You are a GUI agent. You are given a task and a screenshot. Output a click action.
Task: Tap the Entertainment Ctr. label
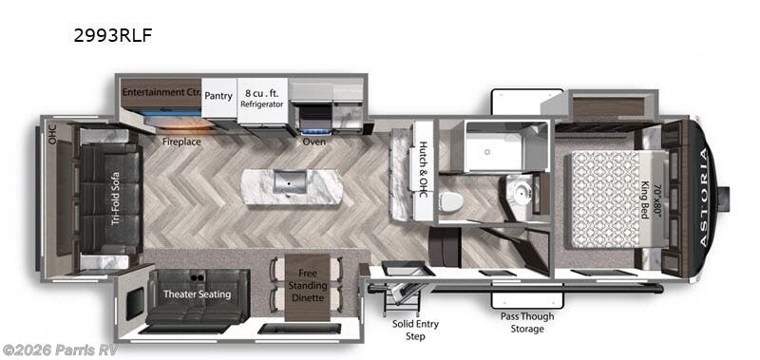(161, 92)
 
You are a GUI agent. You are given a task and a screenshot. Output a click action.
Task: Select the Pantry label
(218, 96)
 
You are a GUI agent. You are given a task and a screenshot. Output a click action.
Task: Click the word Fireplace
(180, 142)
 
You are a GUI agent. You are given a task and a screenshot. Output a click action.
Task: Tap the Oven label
(314, 142)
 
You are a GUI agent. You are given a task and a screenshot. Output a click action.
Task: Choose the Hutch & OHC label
(422, 168)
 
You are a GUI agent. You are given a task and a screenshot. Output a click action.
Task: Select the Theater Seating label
(197, 294)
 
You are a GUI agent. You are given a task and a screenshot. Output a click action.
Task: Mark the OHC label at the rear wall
(52, 135)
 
